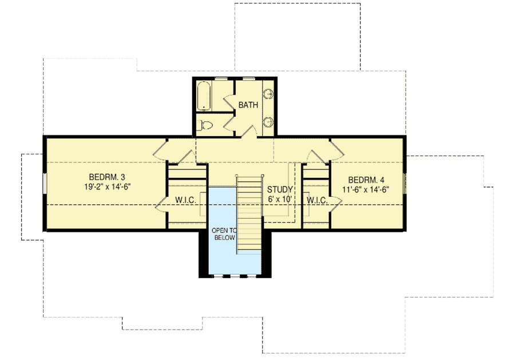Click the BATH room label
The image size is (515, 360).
(x=248, y=105)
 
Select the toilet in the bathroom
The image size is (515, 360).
(x=205, y=125)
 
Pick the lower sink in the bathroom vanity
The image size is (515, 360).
(x=268, y=121)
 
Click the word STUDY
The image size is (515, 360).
(x=280, y=189)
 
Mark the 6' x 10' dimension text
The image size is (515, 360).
(x=280, y=199)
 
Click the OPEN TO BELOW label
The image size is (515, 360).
(x=223, y=234)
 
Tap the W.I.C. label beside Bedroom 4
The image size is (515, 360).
(x=316, y=200)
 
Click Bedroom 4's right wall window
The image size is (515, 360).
(x=405, y=183)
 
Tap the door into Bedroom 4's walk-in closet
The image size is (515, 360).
(x=335, y=203)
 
